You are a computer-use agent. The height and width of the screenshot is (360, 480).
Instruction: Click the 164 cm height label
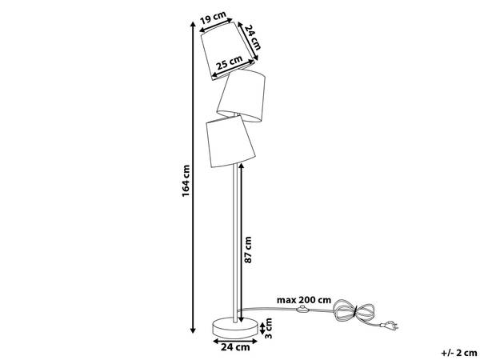186,181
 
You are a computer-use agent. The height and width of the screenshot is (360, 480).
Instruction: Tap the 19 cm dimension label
213,18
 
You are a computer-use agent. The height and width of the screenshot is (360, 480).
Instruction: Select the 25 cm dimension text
230,63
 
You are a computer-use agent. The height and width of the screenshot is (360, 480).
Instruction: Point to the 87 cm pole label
249,250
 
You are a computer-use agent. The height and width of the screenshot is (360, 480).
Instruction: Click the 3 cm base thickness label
268,328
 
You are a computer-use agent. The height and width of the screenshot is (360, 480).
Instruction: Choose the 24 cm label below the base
235,347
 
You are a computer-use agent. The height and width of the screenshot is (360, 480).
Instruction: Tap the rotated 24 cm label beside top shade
254,38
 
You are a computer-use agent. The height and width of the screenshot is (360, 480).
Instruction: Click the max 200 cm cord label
304,300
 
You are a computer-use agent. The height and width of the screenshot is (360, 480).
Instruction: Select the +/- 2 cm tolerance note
459,353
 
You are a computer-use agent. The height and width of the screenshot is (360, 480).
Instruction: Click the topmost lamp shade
228,51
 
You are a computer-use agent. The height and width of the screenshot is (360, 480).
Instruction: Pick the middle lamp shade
242,95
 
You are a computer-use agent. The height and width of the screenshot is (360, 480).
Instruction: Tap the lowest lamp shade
230,141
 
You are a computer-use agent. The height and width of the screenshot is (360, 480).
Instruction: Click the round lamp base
235,327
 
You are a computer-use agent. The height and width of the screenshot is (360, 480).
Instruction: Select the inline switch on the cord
302,309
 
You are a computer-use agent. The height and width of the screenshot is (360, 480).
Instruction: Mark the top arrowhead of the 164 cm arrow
193,25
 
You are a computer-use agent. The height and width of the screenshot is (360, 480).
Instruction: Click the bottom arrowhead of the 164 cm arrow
193,330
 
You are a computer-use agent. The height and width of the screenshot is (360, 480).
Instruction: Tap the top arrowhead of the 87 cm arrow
241,166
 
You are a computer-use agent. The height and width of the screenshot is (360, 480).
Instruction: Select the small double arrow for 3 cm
262,328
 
